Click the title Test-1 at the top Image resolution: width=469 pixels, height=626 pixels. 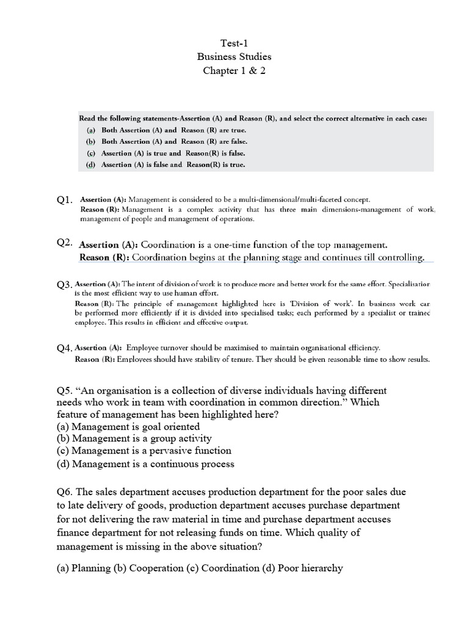(234, 42)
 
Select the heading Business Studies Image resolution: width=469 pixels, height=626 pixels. (234, 56)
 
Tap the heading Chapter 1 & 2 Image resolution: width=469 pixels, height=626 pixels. (234, 70)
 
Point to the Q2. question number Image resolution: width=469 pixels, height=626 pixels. (65, 243)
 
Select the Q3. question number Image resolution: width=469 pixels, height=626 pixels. (64, 285)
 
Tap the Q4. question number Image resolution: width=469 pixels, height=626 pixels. (65, 348)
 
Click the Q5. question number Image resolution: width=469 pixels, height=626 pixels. (65, 391)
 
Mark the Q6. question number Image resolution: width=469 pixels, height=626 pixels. (65, 492)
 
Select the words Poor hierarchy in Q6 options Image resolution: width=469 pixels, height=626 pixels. (310, 568)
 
